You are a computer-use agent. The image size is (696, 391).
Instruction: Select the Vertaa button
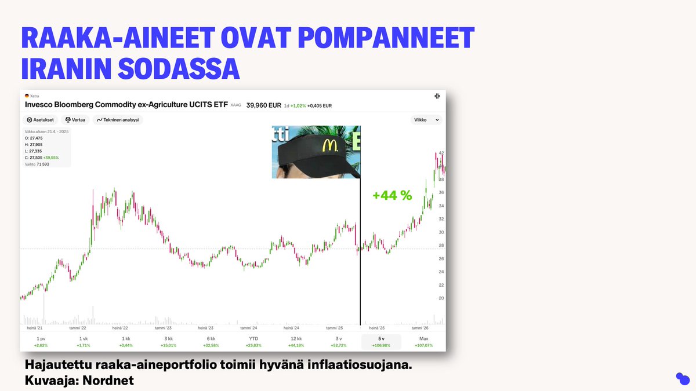pos(75,120)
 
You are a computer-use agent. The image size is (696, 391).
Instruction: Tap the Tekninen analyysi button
pos(118,120)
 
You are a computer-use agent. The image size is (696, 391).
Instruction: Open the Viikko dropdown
pos(426,120)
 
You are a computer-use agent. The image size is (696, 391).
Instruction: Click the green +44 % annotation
pos(392,196)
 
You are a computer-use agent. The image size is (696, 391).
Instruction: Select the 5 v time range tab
pos(381,342)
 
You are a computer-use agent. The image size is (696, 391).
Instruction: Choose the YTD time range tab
pos(253,342)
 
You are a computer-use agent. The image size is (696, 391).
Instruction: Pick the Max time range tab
pos(424,342)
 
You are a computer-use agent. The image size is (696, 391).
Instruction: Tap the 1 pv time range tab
pos(41,342)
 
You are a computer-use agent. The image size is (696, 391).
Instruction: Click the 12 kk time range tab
pos(296,342)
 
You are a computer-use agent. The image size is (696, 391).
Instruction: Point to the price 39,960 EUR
pos(263,105)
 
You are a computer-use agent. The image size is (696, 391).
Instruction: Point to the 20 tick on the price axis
pos(441,298)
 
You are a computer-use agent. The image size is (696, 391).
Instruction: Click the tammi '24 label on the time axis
pos(249,328)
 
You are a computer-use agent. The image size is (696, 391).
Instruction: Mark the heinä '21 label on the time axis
pos(35,328)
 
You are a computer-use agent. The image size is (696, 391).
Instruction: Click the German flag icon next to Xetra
pos(27,96)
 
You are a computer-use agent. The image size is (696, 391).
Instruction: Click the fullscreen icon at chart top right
pos(437,96)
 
